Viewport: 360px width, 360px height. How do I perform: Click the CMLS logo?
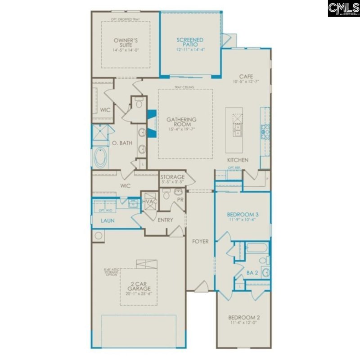[x=343, y=8]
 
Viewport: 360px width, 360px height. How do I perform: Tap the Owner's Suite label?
[x=126, y=43]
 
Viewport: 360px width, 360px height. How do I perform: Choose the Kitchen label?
[x=238, y=160]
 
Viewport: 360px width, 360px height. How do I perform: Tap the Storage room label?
[x=173, y=177]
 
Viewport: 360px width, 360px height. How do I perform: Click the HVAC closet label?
[x=150, y=201]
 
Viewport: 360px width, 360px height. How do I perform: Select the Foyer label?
[x=201, y=242]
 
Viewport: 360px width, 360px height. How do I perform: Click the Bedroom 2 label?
[x=243, y=317]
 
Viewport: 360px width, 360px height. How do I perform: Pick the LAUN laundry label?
[x=107, y=221]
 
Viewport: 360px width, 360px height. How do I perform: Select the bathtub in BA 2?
[x=257, y=251]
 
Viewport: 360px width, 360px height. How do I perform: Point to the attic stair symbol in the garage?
[x=147, y=264]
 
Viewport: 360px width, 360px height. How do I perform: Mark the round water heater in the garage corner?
[x=98, y=235]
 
